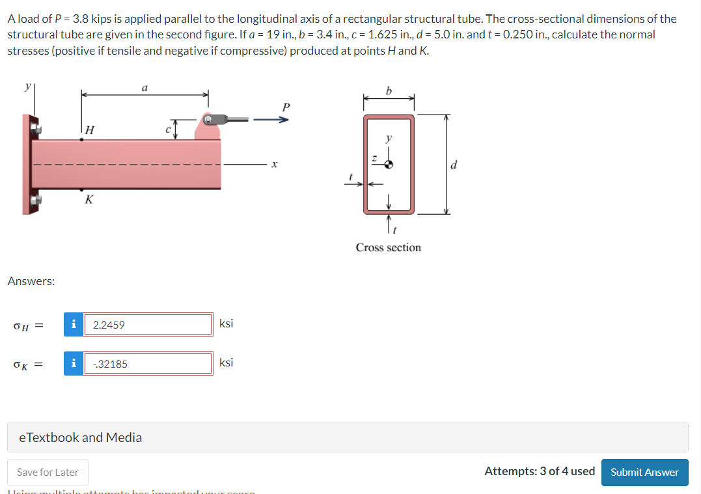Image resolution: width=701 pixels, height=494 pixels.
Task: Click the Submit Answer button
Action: click(x=644, y=472)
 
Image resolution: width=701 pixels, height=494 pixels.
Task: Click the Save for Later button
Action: click(x=48, y=472)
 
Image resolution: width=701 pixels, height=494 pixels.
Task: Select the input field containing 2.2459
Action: click(x=148, y=324)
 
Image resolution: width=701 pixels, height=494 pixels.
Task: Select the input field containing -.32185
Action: click(x=148, y=364)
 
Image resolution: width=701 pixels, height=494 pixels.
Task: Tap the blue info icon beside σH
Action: click(x=74, y=324)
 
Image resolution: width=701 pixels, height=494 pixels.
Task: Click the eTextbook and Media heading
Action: click(x=81, y=437)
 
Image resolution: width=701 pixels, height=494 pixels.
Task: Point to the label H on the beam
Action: click(x=90, y=130)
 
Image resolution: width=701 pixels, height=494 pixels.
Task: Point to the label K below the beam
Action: click(x=89, y=200)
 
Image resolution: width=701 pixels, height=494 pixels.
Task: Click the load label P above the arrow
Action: click(x=284, y=107)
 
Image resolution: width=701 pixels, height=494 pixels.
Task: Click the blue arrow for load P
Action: click(x=269, y=119)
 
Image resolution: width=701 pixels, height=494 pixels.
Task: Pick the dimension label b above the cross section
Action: click(x=389, y=90)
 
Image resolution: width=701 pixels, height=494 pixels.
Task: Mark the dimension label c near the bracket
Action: click(x=168, y=129)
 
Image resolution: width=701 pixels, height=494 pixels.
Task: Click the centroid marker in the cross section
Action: click(x=389, y=165)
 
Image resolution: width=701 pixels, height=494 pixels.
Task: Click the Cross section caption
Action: click(x=388, y=247)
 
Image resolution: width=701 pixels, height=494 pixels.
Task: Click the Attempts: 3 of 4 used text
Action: click(x=539, y=471)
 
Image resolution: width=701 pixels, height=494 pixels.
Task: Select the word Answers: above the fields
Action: click(x=31, y=281)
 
